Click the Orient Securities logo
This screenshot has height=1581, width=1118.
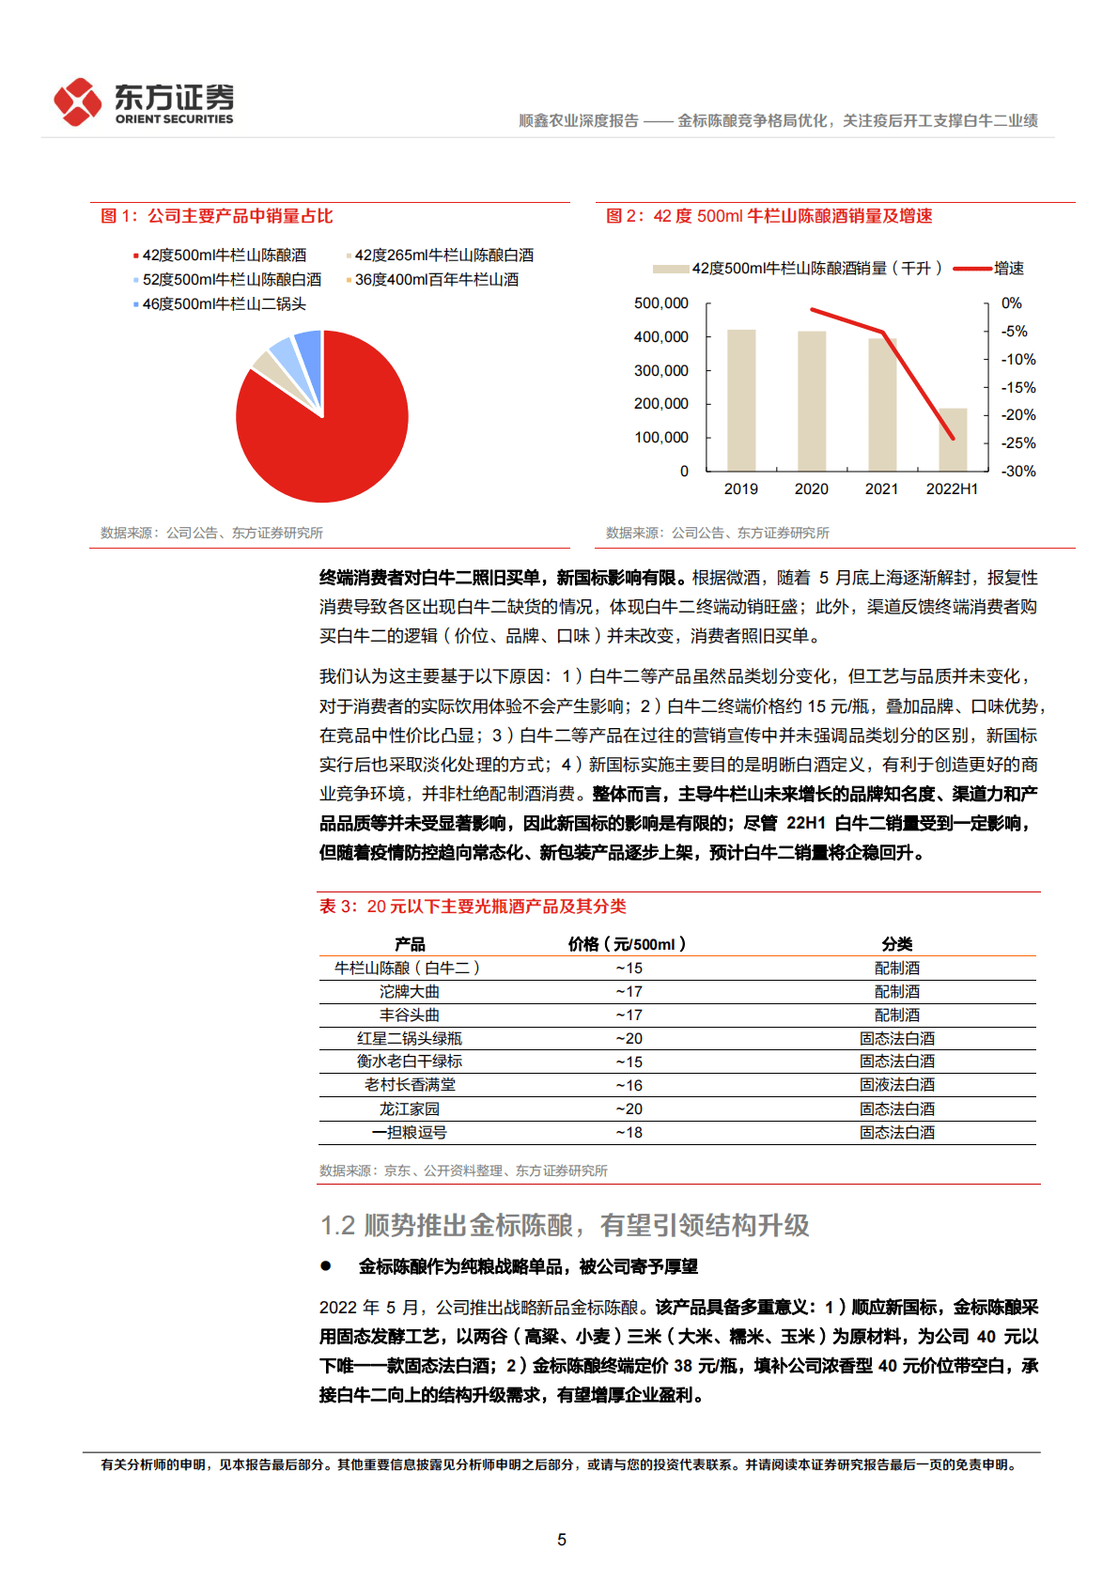(x=144, y=101)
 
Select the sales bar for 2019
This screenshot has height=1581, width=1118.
(x=741, y=400)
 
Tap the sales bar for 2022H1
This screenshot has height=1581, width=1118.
(x=953, y=440)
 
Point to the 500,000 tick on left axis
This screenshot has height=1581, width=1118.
(x=661, y=303)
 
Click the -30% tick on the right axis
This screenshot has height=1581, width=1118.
(x=1018, y=471)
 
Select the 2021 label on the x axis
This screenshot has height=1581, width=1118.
(x=881, y=488)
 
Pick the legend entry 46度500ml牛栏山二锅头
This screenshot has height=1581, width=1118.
(x=224, y=303)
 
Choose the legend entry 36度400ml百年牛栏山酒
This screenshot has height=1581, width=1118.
(x=436, y=279)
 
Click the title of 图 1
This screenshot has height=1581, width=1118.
(x=217, y=216)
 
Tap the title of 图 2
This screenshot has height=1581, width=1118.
(x=769, y=216)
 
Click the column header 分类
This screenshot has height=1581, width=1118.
(x=896, y=944)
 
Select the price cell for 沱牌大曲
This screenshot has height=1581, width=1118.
(x=629, y=991)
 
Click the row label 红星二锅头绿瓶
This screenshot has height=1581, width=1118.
(x=410, y=1038)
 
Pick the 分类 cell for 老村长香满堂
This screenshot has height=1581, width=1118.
(x=896, y=1085)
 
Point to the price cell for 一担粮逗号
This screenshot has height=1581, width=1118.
(x=629, y=1132)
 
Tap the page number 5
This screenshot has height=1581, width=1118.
(x=562, y=1540)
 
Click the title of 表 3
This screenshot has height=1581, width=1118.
(x=473, y=907)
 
